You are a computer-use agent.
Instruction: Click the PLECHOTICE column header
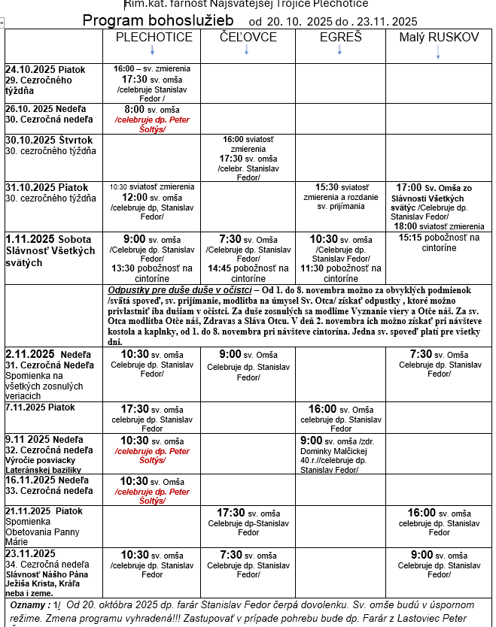[151, 37]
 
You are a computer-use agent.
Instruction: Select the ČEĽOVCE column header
[248, 37]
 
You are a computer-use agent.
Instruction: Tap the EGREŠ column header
[340, 37]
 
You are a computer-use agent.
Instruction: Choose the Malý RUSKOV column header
[438, 37]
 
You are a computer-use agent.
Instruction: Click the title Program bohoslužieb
[158, 20]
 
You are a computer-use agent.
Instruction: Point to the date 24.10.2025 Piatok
[45, 69]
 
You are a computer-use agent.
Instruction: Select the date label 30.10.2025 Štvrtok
[50, 140]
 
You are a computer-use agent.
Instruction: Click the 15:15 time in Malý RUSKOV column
[412, 238]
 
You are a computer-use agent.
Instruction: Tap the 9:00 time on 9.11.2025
[311, 440]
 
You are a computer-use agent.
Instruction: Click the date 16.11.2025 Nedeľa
[47, 479]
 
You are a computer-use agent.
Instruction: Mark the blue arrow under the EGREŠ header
[340, 50]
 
